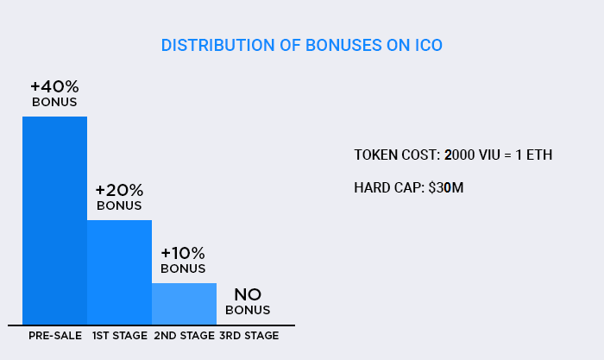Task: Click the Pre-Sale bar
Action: tap(54, 220)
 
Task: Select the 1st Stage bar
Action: tap(119, 273)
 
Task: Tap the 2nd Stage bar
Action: tap(184, 304)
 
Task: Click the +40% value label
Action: tap(54, 86)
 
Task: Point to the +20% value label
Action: tap(119, 190)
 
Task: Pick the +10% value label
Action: tap(183, 253)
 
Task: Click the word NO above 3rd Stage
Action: tap(248, 295)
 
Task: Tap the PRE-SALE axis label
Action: tap(55, 336)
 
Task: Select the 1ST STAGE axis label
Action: tap(120, 336)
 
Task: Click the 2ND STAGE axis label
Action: tap(185, 336)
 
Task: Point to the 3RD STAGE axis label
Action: tap(249, 336)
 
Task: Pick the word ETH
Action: tap(539, 155)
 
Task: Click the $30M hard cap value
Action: tap(446, 187)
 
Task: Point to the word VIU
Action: tap(489, 155)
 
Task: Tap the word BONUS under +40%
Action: tap(54, 102)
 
